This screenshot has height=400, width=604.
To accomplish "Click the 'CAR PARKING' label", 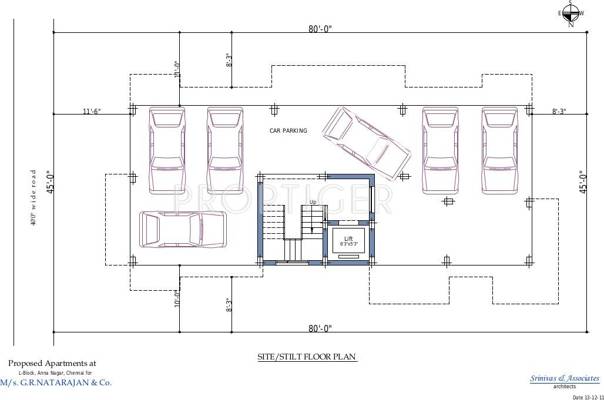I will [x=288, y=131].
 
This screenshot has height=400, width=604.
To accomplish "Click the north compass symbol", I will [x=571, y=13].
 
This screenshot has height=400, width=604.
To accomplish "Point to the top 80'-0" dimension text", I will [x=320, y=28].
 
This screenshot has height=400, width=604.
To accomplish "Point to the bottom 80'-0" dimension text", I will [x=320, y=328].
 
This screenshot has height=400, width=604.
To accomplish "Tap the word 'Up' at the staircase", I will [x=313, y=203].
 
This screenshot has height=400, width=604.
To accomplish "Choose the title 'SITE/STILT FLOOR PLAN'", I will [x=301, y=356].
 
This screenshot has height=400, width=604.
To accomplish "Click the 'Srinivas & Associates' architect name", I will [x=558, y=378].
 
